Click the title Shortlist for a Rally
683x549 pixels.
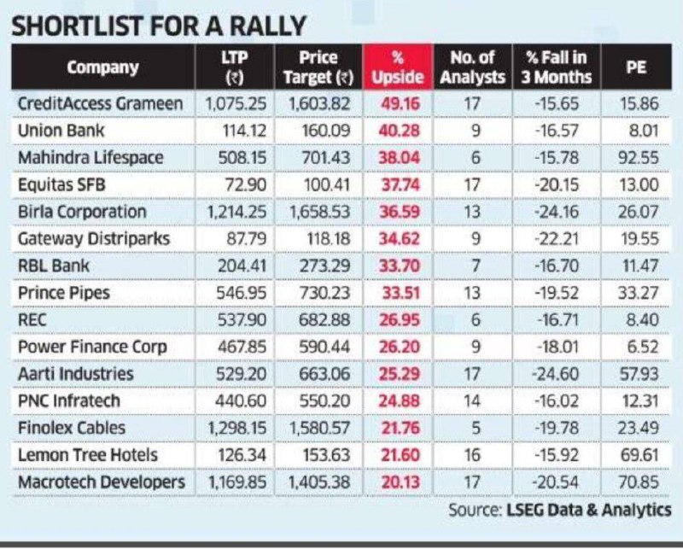click(160, 26)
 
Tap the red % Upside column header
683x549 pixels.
click(398, 67)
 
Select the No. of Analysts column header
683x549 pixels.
click(473, 67)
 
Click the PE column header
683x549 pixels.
click(635, 67)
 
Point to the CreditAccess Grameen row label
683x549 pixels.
click(101, 103)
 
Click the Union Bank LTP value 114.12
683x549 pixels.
click(244, 131)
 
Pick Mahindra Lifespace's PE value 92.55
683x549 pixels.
click(638, 158)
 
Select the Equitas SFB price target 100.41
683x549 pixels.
click(327, 184)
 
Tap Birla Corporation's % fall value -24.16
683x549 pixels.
click(557, 212)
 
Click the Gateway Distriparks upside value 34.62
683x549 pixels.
click(399, 239)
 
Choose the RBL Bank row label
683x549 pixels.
click(54, 266)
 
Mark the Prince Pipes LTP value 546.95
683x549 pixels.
click(242, 293)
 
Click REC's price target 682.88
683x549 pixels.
click(324, 320)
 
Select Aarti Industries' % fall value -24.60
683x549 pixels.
click(556, 374)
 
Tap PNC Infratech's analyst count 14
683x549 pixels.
click(472, 400)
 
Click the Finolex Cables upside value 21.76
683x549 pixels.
click(400, 428)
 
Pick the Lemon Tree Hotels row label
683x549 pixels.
click(88, 455)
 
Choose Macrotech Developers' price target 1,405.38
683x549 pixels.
click(319, 482)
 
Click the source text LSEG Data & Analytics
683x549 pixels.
click(589, 510)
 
